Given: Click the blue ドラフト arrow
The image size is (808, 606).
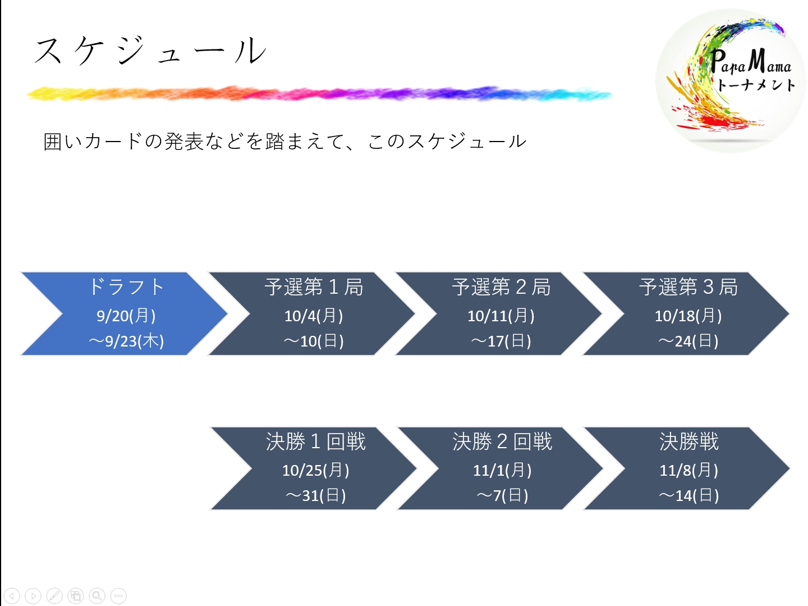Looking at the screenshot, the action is click(124, 314).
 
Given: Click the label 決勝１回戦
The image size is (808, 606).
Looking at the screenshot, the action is click(315, 441).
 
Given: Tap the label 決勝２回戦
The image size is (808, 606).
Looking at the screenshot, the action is click(502, 441).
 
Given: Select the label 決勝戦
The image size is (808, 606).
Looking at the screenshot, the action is click(688, 441).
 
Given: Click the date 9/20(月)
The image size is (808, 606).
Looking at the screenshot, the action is click(126, 316).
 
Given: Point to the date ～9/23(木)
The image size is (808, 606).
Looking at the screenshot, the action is click(126, 341).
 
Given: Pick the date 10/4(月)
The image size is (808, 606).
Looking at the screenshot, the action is click(314, 316).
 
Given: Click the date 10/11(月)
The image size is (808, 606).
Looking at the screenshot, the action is click(501, 316).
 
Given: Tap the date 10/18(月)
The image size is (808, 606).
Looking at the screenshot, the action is click(688, 316).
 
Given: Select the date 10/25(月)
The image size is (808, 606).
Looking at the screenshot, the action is click(315, 471).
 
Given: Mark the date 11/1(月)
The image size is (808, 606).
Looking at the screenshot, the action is click(502, 471).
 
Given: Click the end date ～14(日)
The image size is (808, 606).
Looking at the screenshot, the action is click(688, 495).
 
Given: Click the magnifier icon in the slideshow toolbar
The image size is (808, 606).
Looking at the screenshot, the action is click(97, 595).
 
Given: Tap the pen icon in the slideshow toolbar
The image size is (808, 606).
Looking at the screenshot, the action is click(54, 595).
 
